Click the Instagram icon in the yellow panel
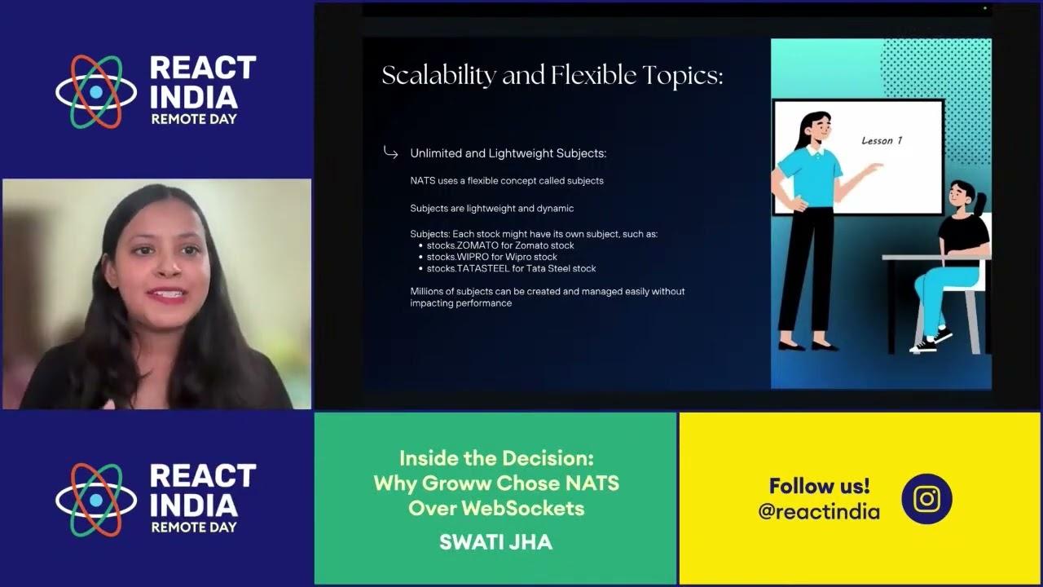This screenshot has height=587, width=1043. pyautogui.click(x=926, y=498)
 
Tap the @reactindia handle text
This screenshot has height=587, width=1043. pyautogui.click(x=819, y=512)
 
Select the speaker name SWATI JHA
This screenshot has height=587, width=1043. pyautogui.click(x=495, y=542)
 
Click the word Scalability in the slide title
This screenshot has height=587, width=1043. pyautogui.click(x=438, y=76)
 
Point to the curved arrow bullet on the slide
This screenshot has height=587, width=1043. pyautogui.click(x=390, y=152)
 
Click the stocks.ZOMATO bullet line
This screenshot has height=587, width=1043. pyautogui.click(x=500, y=245)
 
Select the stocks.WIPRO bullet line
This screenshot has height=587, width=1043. pyautogui.click(x=492, y=257)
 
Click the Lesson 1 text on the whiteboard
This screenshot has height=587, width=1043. pyautogui.click(x=882, y=140)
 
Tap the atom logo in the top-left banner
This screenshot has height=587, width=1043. pyautogui.click(x=96, y=92)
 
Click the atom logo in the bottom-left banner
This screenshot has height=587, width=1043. pyautogui.click(x=96, y=500)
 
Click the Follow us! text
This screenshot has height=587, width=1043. pyautogui.click(x=819, y=486)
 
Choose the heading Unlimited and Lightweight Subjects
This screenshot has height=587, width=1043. pyautogui.click(x=508, y=153)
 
